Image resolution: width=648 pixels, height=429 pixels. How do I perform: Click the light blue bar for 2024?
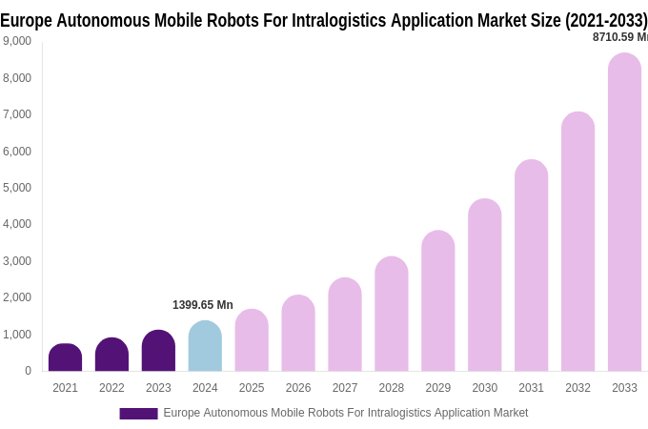pyautogui.click(x=205, y=346)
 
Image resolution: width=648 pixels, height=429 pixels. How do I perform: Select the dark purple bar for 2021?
pyautogui.click(x=65, y=357)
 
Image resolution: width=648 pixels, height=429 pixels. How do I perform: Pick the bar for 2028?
pyautogui.click(x=391, y=314)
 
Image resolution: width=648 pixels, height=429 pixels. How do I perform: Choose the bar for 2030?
pyautogui.click(x=484, y=285)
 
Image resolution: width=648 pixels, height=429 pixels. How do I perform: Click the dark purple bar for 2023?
pyautogui.click(x=158, y=351)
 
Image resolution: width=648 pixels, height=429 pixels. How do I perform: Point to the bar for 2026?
pyautogui.click(x=298, y=333)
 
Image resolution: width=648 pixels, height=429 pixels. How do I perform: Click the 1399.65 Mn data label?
pyautogui.click(x=202, y=305)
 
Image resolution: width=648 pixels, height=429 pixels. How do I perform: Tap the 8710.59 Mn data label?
pyautogui.click(x=619, y=37)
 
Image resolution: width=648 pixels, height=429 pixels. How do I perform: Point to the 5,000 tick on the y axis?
pyautogui.click(x=17, y=188)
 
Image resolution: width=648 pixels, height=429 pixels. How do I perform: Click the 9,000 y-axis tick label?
pyautogui.click(x=17, y=41)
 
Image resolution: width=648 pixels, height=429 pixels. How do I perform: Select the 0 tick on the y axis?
pyautogui.click(x=28, y=371)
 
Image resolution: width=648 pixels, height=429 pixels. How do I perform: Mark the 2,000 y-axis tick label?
pyautogui.click(x=17, y=297)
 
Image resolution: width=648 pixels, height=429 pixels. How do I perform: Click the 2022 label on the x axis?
pyautogui.click(x=111, y=388)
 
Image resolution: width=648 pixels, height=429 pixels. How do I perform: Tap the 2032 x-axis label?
pyautogui.click(x=577, y=388)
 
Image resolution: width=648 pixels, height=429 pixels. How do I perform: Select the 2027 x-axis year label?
pyautogui.click(x=345, y=388)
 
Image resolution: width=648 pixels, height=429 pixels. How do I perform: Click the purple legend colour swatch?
pyautogui.click(x=138, y=414)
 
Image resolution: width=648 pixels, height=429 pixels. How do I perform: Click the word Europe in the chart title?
pyautogui.click(x=26, y=20)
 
